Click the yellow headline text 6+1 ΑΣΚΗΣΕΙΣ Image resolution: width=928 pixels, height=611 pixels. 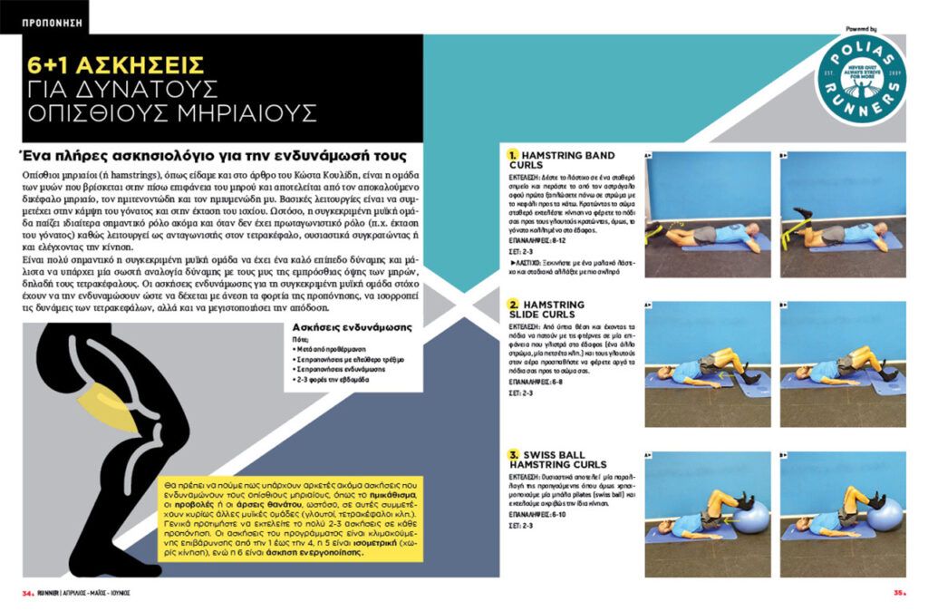coord(115,65)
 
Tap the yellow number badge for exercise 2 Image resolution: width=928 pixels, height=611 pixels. coord(512,304)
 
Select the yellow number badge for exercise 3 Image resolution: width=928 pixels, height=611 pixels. coord(512,454)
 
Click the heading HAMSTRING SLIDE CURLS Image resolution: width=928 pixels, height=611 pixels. coord(559,309)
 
